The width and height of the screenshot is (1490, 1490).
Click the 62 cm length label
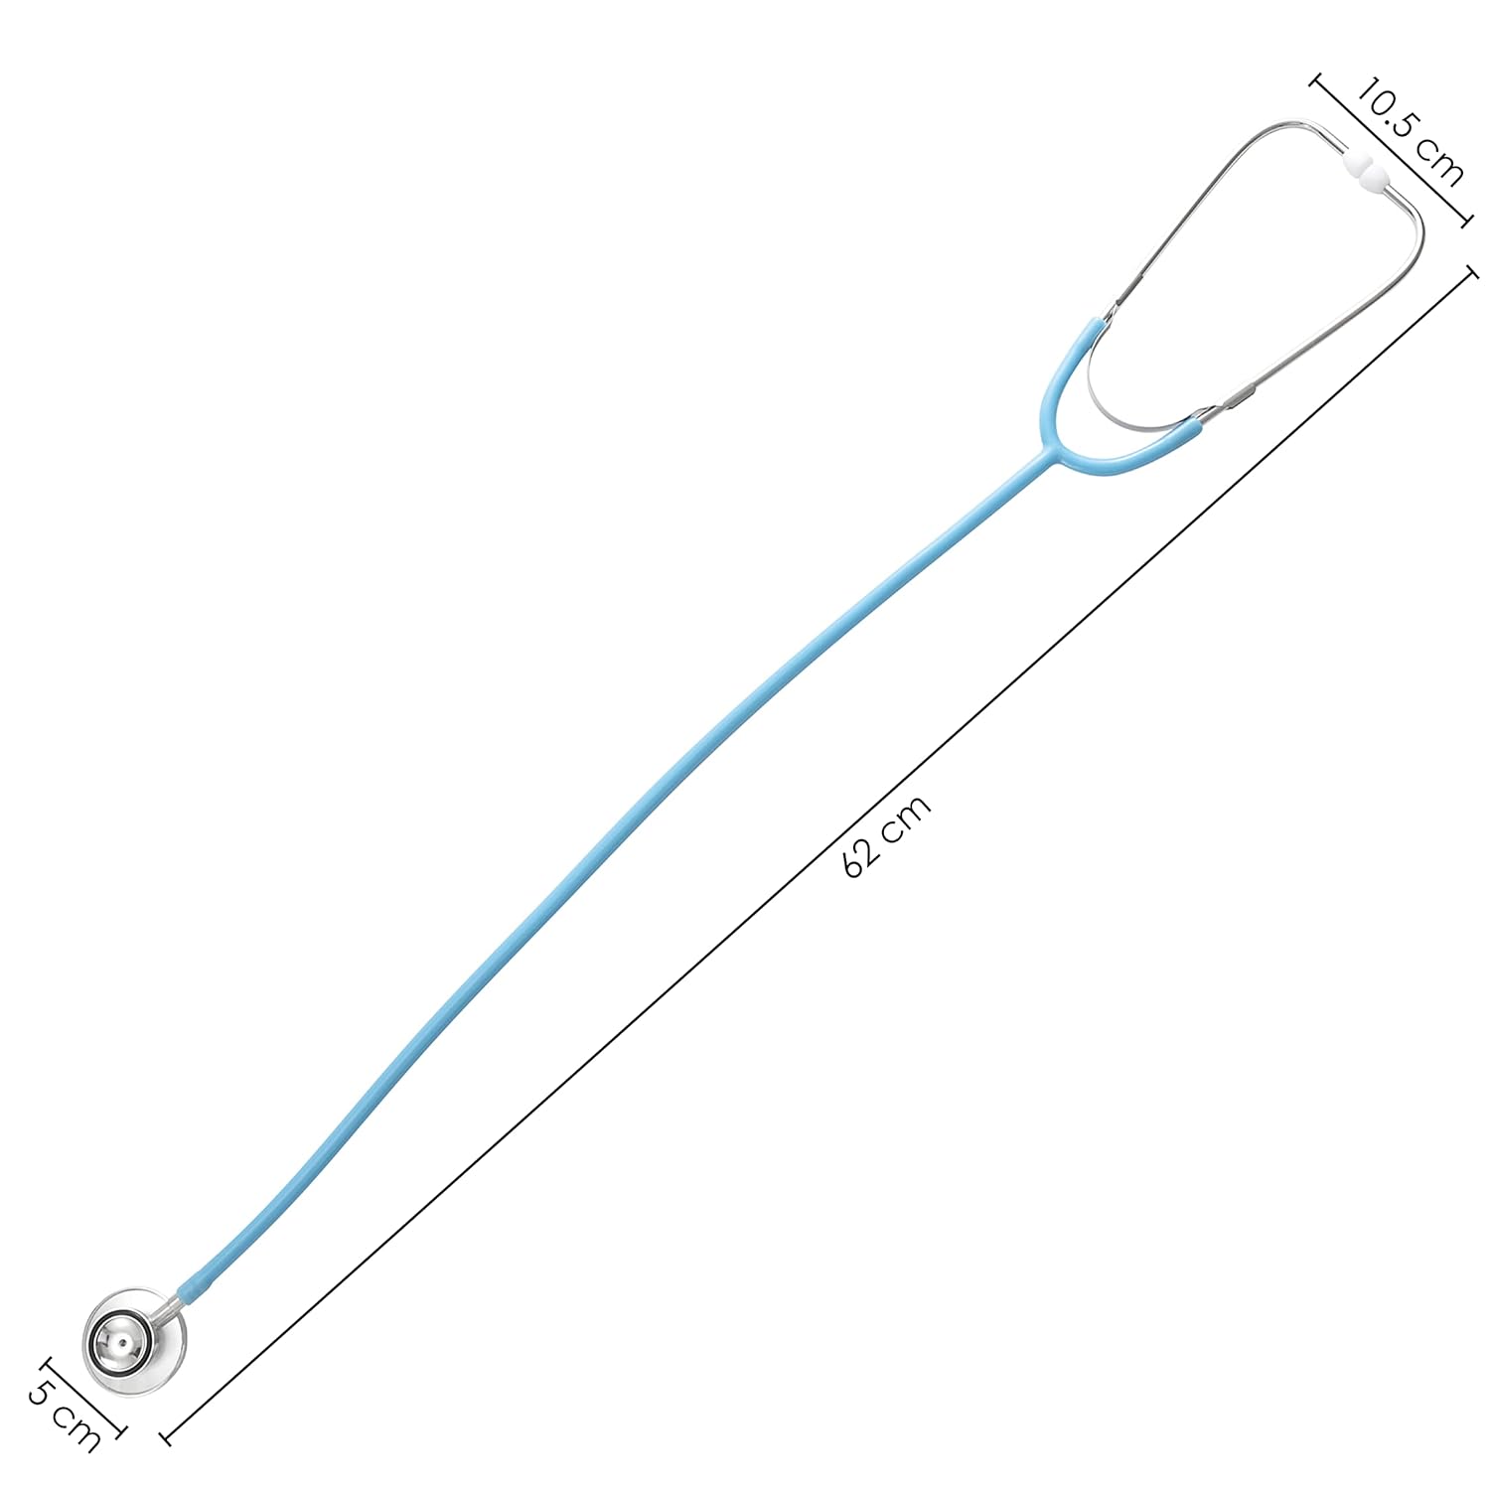(x=887, y=835)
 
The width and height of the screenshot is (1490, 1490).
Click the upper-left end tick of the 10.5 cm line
(x=1318, y=81)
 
